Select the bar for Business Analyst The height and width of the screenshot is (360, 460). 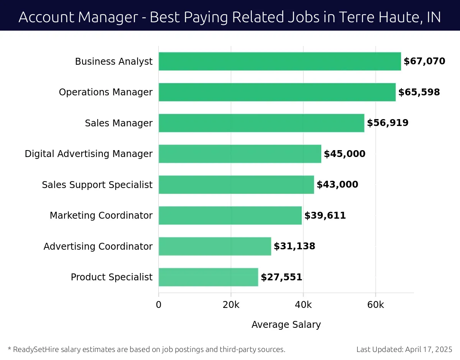point(279,61)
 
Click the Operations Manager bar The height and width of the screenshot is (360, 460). point(277,92)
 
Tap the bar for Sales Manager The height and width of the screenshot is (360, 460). point(261,123)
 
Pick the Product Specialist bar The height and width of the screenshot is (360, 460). point(208,277)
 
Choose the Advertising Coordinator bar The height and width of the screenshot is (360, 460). point(215,246)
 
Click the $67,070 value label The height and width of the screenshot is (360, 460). point(424,61)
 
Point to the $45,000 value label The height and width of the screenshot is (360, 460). point(345,154)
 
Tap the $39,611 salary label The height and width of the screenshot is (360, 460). point(325,216)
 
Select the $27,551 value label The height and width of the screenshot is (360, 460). point(281,277)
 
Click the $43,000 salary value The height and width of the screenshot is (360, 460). point(337,185)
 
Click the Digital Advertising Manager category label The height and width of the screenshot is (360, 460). point(89,154)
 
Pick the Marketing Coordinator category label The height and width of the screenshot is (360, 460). point(101,216)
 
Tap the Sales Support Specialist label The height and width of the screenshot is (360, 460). point(97,185)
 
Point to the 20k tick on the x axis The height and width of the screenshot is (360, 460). point(231,305)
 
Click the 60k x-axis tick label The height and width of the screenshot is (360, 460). point(375,305)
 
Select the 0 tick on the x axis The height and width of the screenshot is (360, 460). point(159,305)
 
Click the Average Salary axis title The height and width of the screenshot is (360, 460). point(286,325)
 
